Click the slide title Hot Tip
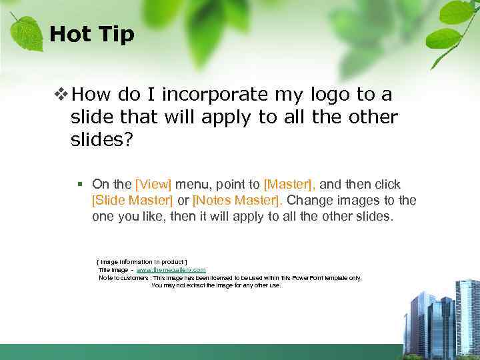pyautogui.click(x=92, y=34)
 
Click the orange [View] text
pyautogui.click(x=153, y=184)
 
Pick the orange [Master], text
pyautogui.click(x=289, y=184)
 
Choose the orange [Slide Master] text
pyautogui.click(x=132, y=200)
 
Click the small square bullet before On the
pyautogui.click(x=79, y=184)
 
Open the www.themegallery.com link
pyautogui.click(x=171, y=269)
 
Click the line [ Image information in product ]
pyautogui.click(x=142, y=261)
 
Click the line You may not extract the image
pyautogui.click(x=216, y=285)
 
